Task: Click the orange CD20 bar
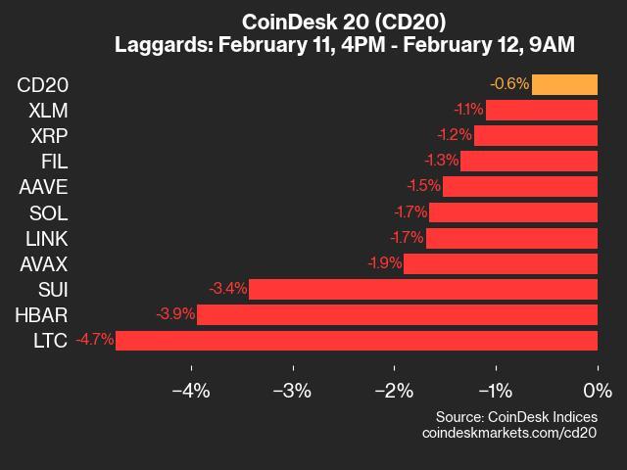coord(564,84)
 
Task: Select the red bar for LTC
coord(357,341)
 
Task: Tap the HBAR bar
coord(397,315)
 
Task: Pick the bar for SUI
coord(423,289)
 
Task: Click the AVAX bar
coord(501,263)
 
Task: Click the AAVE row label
coord(42,187)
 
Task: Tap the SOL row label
coord(47,212)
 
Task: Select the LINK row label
coord(45,238)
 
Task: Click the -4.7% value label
coord(94,341)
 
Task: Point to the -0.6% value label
coord(509,84)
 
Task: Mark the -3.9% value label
coord(175,315)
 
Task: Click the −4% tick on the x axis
coord(191,392)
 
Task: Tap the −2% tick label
coord(394,392)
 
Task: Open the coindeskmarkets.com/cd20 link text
coord(509,432)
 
